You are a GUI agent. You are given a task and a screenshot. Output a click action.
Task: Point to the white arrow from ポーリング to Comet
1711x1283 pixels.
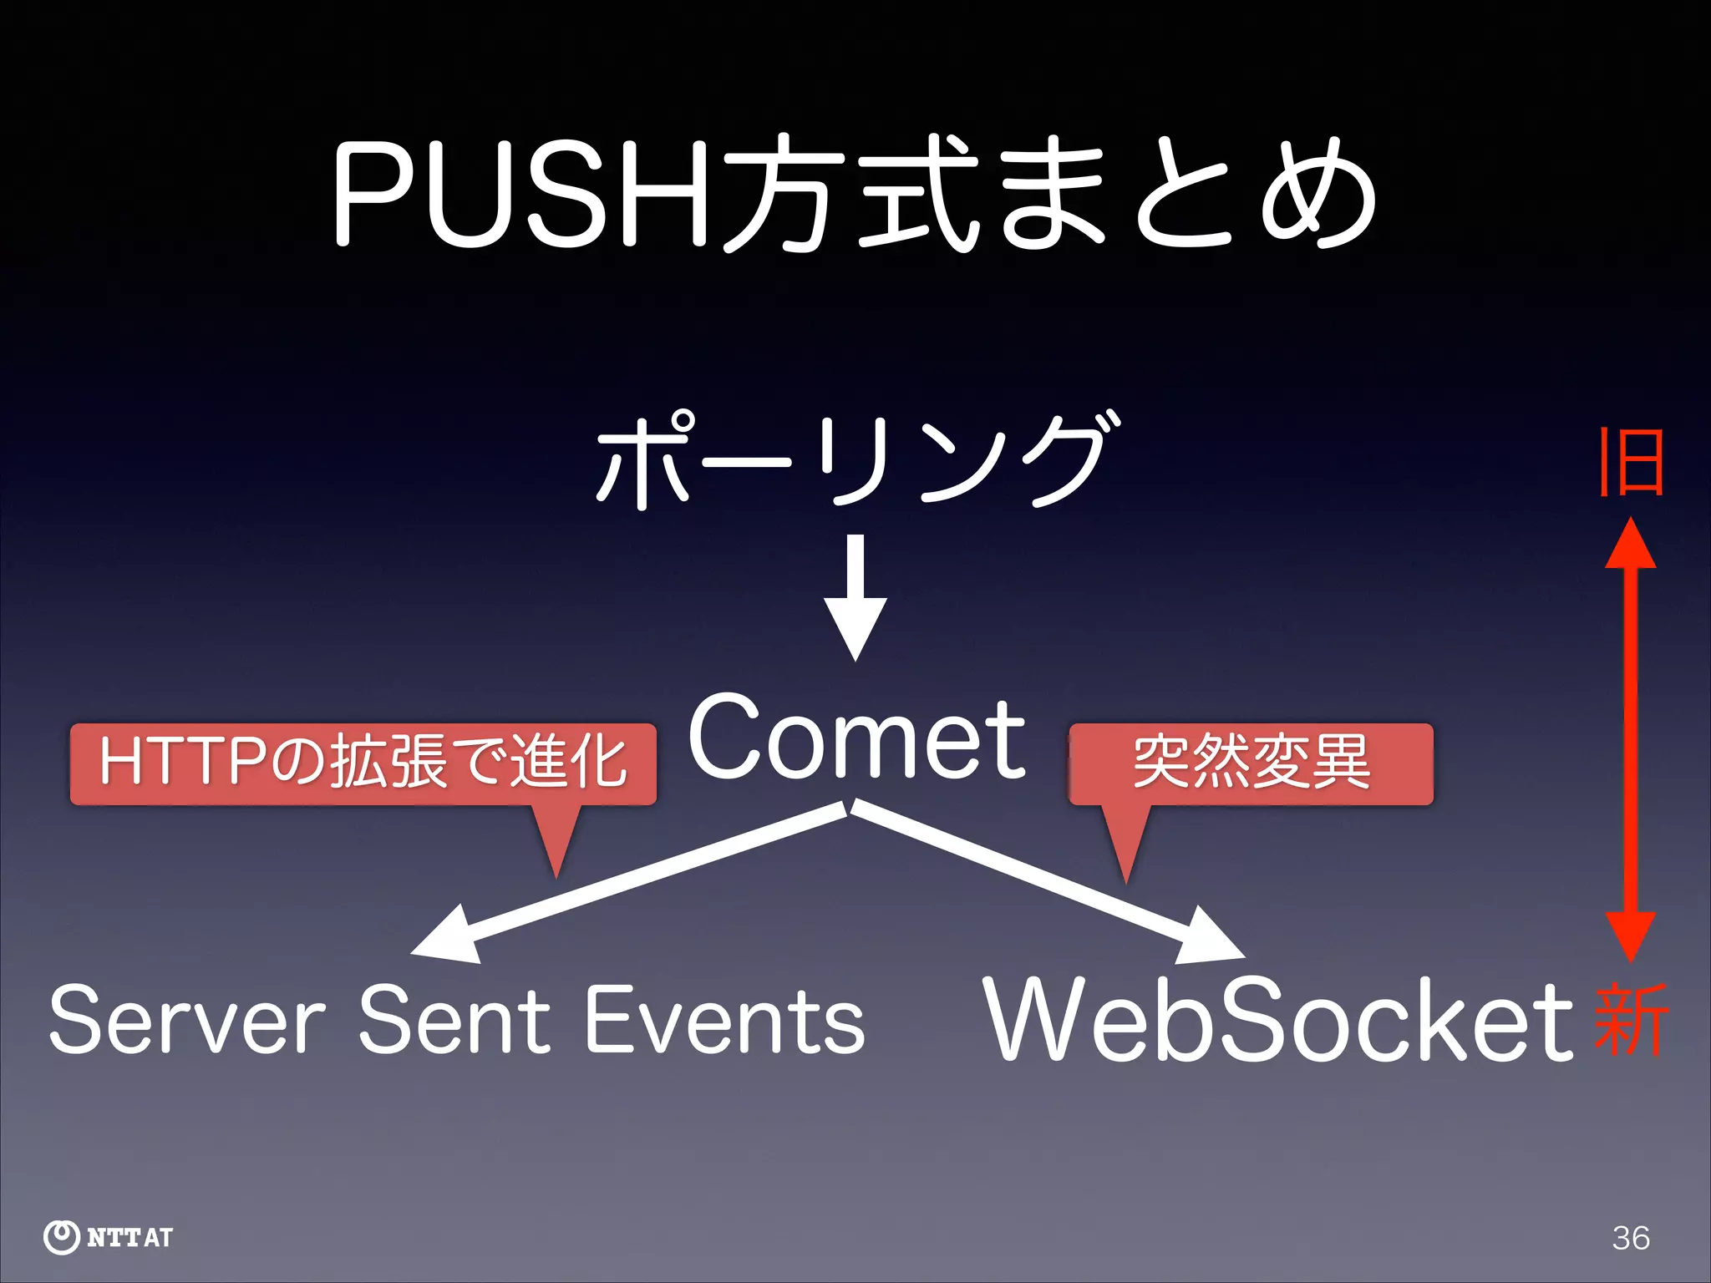click(x=855, y=597)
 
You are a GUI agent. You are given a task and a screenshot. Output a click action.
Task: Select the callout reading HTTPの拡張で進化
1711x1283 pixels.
click(x=363, y=763)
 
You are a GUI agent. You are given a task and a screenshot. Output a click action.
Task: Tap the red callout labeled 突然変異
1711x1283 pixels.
click(x=1251, y=763)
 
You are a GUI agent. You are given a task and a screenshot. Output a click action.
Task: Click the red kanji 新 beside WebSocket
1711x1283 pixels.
click(x=1631, y=1021)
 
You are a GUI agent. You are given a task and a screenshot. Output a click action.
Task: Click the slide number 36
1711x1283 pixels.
click(x=1631, y=1237)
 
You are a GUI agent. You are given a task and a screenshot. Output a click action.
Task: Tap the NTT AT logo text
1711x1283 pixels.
click(x=129, y=1237)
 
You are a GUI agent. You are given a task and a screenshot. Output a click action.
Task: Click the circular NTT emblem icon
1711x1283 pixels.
click(x=61, y=1237)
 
